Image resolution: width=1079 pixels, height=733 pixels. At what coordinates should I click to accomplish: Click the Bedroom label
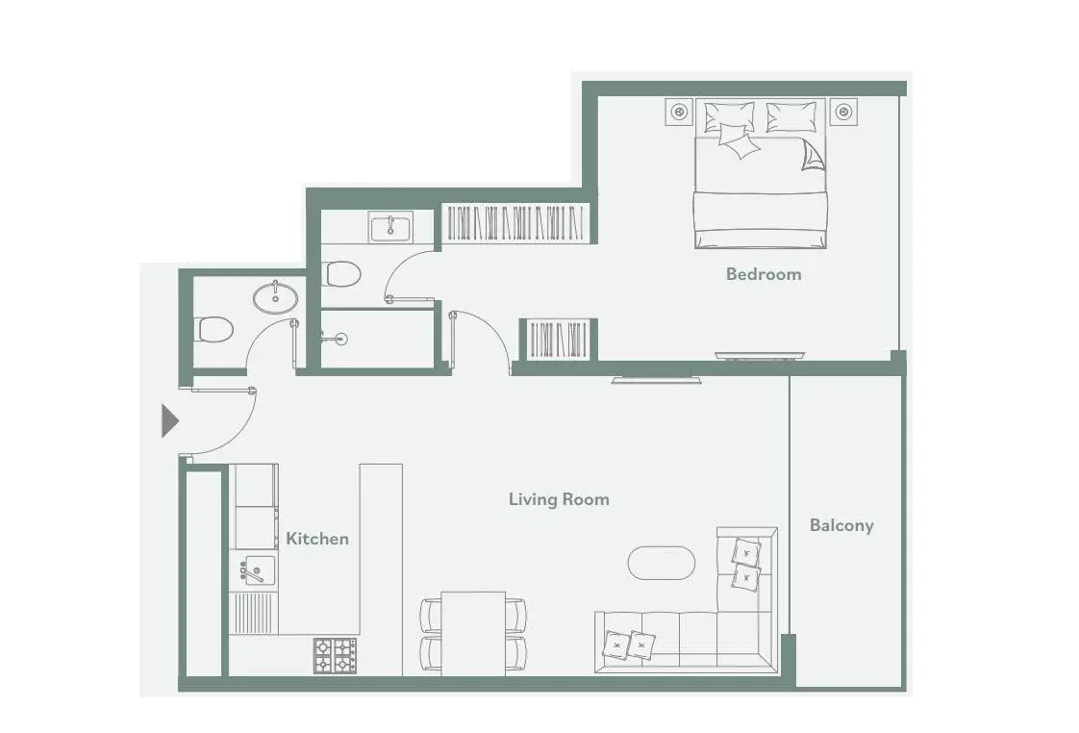[764, 274]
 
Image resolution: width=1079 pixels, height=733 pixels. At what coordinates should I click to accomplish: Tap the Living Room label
[559, 499]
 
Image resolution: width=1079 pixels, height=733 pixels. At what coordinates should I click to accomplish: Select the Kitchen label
[317, 539]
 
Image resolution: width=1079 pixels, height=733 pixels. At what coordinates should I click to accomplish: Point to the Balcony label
[841, 525]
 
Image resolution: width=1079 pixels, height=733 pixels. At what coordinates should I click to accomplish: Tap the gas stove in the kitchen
[335, 655]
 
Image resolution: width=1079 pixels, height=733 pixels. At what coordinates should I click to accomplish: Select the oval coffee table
[662, 563]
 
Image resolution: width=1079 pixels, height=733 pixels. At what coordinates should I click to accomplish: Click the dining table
[473, 633]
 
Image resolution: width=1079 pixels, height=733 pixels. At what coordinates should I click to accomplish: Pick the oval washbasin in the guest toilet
[275, 297]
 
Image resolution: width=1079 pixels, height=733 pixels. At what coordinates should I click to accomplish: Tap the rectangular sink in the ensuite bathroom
[390, 228]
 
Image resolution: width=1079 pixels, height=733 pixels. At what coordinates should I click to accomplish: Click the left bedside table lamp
[679, 112]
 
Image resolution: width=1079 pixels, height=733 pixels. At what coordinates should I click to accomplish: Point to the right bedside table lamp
[843, 112]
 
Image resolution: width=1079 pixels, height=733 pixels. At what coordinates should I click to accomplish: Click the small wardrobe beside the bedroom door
[558, 339]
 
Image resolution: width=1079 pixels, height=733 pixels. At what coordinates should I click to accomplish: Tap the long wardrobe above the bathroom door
[516, 222]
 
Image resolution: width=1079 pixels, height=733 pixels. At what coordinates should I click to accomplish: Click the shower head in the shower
[340, 339]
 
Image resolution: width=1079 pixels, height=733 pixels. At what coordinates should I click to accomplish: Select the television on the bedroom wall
[760, 356]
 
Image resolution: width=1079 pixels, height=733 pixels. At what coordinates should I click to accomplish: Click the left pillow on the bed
[729, 117]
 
